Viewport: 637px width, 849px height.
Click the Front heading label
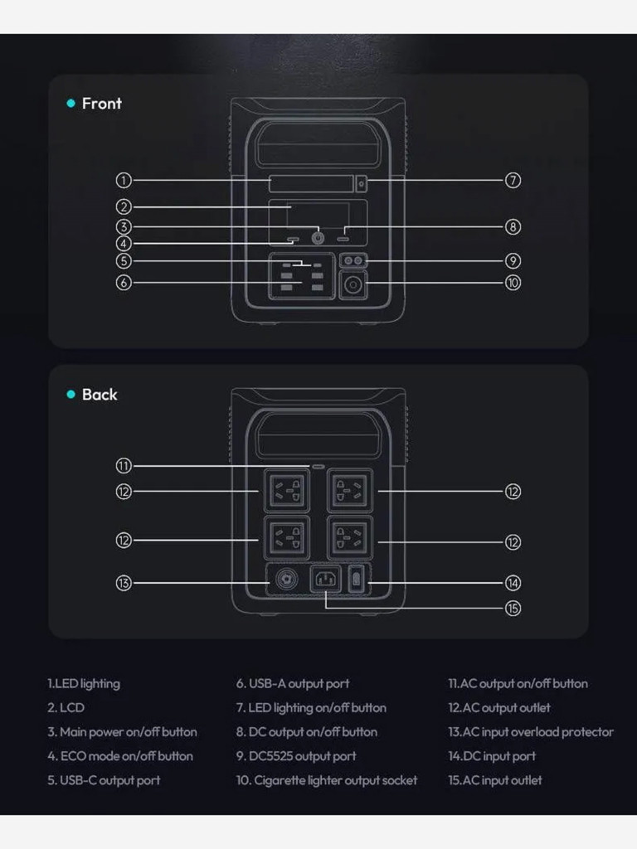point(102,104)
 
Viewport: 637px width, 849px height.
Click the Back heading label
point(100,395)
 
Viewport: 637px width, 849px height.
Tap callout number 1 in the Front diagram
point(124,180)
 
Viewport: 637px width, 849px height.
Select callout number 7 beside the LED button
point(513,180)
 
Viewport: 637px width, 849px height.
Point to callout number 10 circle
point(513,283)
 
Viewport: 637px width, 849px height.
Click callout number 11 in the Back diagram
point(124,466)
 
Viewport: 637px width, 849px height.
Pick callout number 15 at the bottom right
point(513,609)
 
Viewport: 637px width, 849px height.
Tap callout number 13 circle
point(124,583)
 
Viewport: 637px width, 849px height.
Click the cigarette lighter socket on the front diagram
point(353,285)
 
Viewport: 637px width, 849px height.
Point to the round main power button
point(318,238)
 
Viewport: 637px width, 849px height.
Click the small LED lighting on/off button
point(362,183)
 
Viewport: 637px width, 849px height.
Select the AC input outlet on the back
point(325,580)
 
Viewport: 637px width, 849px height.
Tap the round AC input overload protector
point(286,580)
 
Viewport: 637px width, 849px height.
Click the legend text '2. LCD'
point(66,708)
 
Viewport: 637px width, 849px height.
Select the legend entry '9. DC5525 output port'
point(296,756)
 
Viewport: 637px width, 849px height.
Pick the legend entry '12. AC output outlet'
point(498,708)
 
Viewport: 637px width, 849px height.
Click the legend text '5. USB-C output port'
point(104,780)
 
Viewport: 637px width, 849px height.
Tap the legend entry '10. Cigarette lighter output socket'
point(327,780)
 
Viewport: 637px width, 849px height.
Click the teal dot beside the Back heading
point(71,394)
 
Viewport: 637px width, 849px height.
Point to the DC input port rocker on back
point(356,580)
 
